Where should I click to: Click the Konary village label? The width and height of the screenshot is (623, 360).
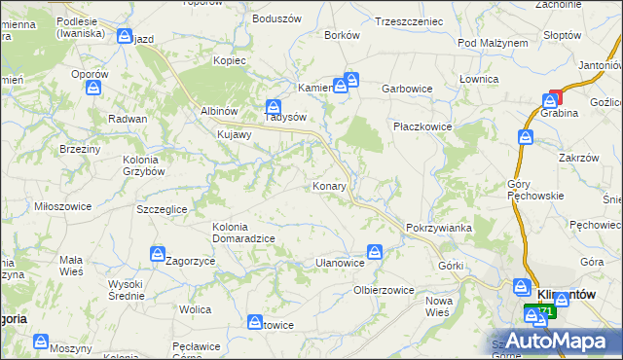329,185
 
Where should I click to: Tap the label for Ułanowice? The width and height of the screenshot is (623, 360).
341,263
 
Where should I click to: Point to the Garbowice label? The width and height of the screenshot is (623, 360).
407,88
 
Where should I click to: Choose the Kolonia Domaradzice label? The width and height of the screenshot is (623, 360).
243,233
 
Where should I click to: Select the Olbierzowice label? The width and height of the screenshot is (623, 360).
384,290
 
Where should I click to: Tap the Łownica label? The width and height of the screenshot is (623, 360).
479,79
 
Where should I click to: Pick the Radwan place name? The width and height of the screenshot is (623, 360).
128,118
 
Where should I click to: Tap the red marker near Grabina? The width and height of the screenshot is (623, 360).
554,97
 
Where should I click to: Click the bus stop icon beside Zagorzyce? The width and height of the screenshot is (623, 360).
158,254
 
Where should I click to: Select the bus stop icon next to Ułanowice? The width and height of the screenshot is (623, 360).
375,253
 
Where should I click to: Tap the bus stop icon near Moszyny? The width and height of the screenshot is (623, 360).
41,342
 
